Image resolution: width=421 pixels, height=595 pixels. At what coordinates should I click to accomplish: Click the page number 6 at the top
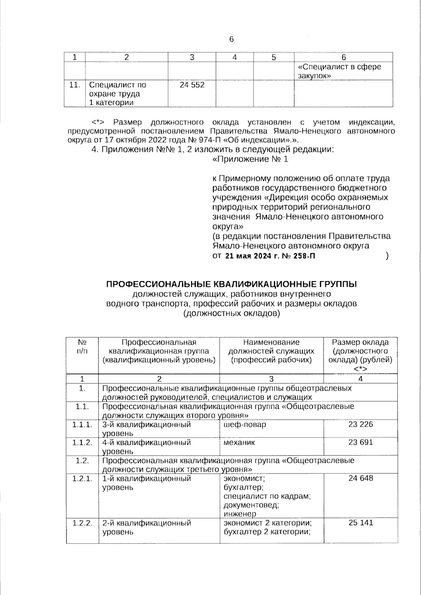click(x=231, y=39)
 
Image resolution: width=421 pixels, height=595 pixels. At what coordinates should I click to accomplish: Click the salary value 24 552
click(x=192, y=85)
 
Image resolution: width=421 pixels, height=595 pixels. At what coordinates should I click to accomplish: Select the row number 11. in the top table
click(x=74, y=85)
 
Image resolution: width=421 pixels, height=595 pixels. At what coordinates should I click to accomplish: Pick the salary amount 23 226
click(x=361, y=425)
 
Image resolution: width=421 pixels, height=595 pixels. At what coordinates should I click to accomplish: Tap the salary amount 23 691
click(x=361, y=442)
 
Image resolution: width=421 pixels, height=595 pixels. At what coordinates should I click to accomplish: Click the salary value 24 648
click(x=361, y=478)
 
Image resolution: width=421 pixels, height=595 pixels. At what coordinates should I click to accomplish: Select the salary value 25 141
click(x=361, y=523)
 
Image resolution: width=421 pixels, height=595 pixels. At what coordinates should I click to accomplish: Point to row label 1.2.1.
click(x=82, y=478)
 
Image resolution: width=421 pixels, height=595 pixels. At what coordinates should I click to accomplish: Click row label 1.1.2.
click(x=82, y=442)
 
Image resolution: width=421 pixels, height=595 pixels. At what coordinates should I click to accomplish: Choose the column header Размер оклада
click(x=360, y=342)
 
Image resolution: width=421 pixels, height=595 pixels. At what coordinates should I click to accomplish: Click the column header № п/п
click(x=82, y=346)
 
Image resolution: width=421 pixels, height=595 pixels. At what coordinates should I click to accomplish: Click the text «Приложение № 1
click(x=250, y=160)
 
